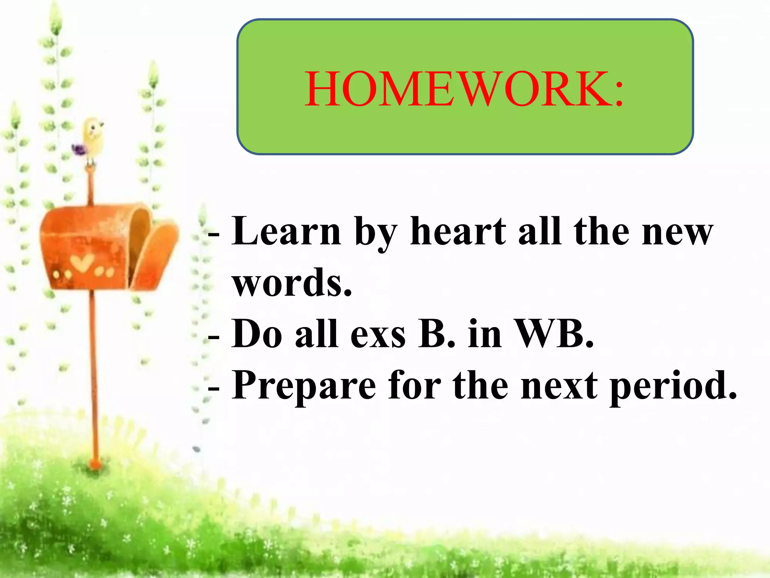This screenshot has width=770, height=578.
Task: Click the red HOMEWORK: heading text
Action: tap(464, 90)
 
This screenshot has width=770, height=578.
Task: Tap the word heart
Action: tap(458, 231)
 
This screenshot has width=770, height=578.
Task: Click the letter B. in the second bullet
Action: tap(436, 334)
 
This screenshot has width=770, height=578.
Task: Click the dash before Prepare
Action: tap(214, 388)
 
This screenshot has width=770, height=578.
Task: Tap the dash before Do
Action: tap(214, 336)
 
